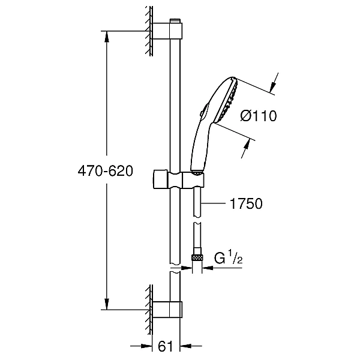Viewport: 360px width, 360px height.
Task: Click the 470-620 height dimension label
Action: pos(106,171)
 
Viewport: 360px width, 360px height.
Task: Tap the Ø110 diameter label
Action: pos(259,116)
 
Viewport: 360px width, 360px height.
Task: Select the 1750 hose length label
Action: pos(246,203)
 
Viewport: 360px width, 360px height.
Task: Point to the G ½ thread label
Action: pos(228,258)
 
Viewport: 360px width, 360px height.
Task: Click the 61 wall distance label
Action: pos(166,346)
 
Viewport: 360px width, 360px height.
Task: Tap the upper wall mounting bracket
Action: pos(167,31)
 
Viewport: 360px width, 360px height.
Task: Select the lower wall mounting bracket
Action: pos(167,310)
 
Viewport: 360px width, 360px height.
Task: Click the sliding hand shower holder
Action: pos(178,179)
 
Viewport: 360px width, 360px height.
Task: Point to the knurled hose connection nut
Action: pos(197,257)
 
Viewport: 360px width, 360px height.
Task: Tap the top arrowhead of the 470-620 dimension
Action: pos(106,36)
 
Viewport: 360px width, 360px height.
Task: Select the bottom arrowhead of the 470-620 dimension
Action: pos(106,304)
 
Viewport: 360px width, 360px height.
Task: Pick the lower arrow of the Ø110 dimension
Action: pos(245,149)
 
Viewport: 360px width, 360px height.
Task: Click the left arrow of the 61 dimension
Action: pos(141,346)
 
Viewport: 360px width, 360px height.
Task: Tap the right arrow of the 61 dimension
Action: pos(191,346)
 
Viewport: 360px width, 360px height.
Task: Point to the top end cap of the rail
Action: pos(175,21)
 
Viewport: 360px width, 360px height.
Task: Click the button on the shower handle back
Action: pos(203,110)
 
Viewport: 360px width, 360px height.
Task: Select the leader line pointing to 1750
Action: pos(212,203)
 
